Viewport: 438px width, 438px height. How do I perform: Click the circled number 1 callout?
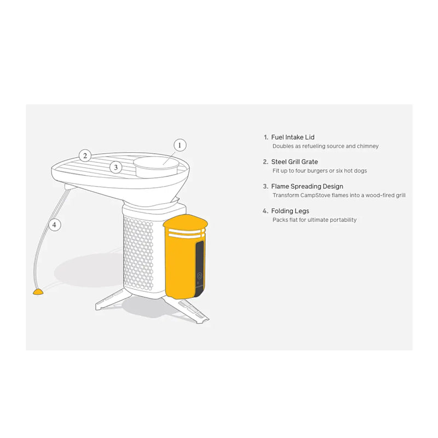[x=180, y=145]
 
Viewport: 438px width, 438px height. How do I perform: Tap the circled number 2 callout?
[x=85, y=155]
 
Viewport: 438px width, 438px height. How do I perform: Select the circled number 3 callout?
[x=116, y=168]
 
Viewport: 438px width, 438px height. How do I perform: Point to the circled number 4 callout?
[x=54, y=224]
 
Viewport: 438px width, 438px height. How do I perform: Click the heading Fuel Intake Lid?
[x=293, y=137]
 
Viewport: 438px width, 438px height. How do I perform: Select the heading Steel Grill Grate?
[x=295, y=162]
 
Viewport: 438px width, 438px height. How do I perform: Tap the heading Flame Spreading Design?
[x=307, y=186]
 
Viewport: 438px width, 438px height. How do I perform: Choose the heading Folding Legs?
[x=290, y=211]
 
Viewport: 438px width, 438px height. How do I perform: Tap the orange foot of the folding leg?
[x=38, y=292]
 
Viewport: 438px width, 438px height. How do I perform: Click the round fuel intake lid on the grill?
[x=156, y=166]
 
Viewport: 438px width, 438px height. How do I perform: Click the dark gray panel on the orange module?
[x=199, y=269]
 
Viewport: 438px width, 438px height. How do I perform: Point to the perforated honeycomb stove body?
[x=139, y=253]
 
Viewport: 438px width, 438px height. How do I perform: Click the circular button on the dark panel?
[x=199, y=276]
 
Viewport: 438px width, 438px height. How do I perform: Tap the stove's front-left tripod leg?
[x=111, y=299]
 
